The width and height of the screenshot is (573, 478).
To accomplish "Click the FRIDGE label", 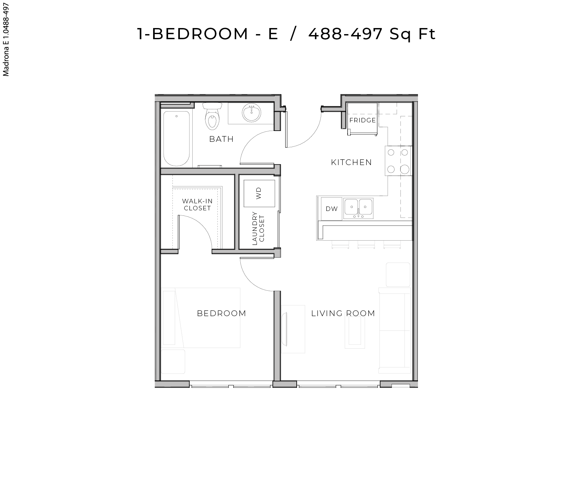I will pyautogui.click(x=363, y=120).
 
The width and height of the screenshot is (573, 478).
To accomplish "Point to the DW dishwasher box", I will pyautogui.click(x=331, y=209).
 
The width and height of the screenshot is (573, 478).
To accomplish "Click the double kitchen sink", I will pyautogui.click(x=358, y=208).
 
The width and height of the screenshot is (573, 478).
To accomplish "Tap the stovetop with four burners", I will pyautogui.click(x=398, y=161).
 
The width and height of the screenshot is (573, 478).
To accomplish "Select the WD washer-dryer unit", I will pyautogui.click(x=259, y=193).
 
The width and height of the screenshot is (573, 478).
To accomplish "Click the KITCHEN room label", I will pyautogui.click(x=351, y=162).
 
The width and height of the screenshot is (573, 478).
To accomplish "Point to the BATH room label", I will pyautogui.click(x=222, y=139).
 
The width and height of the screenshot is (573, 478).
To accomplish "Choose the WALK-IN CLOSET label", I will pyautogui.click(x=197, y=205).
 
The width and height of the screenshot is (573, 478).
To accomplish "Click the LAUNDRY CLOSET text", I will pyautogui.click(x=258, y=228).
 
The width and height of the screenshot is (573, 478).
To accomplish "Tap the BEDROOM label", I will pyautogui.click(x=222, y=313).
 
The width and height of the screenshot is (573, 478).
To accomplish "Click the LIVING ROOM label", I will pyautogui.click(x=343, y=313).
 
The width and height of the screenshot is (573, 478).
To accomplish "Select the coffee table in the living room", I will pyautogui.click(x=355, y=332).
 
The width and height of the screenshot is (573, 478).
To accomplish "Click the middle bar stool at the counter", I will pyautogui.click(x=366, y=245).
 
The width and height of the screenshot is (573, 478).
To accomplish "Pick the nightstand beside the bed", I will pyautogui.click(x=173, y=361).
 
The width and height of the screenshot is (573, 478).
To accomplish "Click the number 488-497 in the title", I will pyautogui.click(x=345, y=34).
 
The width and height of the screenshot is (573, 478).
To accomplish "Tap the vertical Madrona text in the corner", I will pyautogui.click(x=6, y=40).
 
